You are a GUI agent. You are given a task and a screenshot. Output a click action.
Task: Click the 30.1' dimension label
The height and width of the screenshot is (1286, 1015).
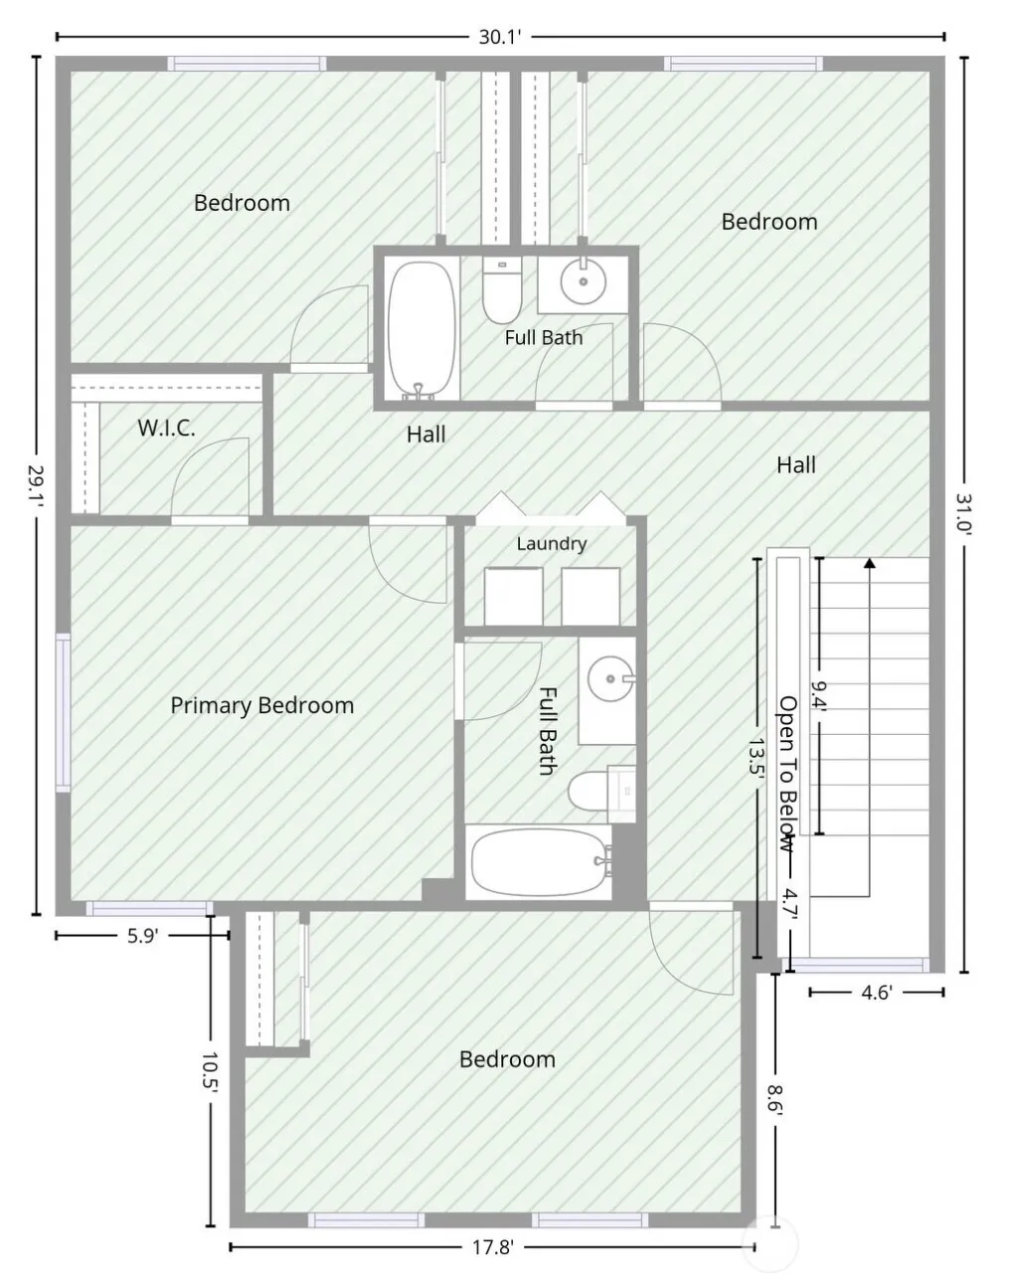coord(501,38)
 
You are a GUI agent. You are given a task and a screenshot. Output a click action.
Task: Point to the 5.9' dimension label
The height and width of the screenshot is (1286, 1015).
coord(142,936)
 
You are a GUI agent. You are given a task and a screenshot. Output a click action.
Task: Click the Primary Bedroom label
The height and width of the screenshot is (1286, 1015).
coord(262,706)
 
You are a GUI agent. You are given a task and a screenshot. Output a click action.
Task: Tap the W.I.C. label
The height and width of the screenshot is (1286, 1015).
coord(166,428)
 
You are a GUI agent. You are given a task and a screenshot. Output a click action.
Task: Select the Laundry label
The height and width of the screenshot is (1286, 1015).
coord(552,544)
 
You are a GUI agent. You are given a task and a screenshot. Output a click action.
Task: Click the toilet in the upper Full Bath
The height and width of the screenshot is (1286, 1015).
coord(502,290)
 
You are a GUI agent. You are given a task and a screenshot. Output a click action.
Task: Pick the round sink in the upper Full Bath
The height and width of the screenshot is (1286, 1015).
coord(584,281)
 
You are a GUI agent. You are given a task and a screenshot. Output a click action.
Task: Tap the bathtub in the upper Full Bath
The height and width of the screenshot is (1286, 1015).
coord(422,330)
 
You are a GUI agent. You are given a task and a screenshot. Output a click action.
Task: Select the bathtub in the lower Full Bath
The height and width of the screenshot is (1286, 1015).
coord(540,861)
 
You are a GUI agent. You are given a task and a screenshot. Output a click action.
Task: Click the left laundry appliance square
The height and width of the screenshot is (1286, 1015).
coord(514,597)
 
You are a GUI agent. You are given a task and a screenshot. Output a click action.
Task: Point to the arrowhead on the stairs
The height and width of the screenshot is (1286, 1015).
coord(869,562)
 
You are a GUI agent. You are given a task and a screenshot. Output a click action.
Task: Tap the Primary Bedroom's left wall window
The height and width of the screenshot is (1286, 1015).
coord(64,713)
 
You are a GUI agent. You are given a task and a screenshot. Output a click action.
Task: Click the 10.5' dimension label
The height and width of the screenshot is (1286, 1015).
coord(210,1073)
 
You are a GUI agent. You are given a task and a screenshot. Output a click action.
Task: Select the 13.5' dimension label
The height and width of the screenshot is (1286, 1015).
coord(758,757)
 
